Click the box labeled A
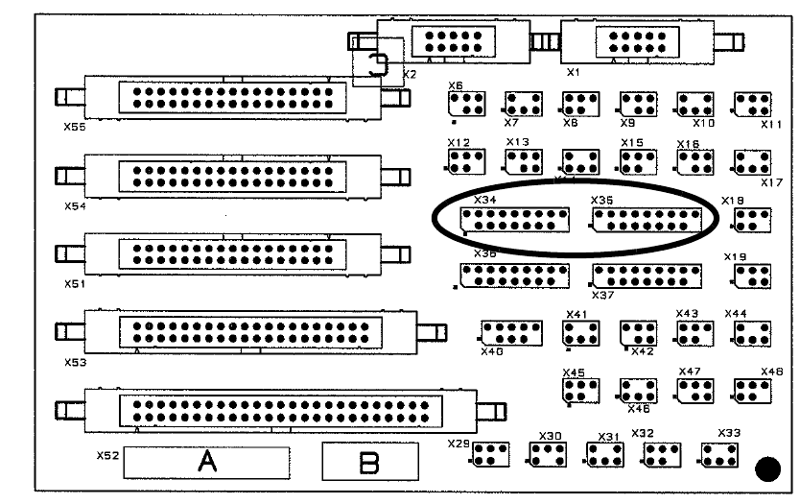pos(207,463)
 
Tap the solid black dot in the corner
pos(767,469)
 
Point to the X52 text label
pos(107,455)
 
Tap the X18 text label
pos(733,201)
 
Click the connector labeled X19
pos(753,276)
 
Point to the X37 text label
pos(602,295)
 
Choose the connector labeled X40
pos(511,333)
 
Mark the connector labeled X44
pos(753,332)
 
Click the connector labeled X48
pos(753,389)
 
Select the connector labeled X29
pos(489,454)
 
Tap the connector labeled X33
pos(718,454)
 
